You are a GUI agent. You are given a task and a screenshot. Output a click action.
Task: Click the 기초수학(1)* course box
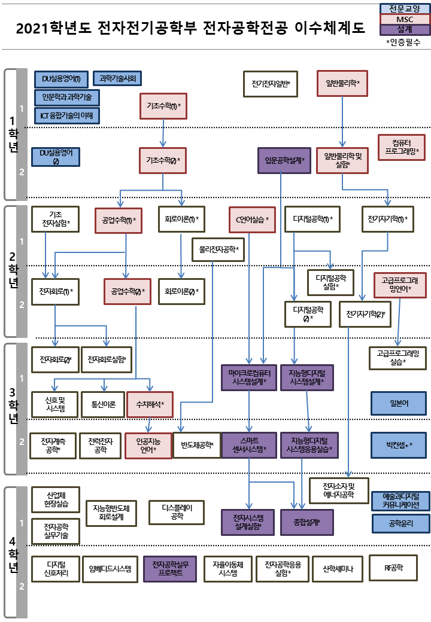(163, 106)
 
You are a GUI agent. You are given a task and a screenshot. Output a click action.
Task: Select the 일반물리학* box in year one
(342, 83)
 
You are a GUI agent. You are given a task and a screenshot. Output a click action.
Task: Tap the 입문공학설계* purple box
(284, 160)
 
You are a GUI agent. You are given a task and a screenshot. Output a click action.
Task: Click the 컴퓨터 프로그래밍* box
(401, 147)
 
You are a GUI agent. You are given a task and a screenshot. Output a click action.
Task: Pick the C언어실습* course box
(251, 219)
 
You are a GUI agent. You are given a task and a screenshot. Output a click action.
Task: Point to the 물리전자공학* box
(218, 249)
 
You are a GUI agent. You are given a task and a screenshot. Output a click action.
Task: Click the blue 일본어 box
(399, 403)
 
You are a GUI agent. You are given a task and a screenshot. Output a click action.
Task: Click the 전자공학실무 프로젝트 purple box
(170, 569)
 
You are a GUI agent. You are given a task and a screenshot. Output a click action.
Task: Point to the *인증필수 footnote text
(403, 42)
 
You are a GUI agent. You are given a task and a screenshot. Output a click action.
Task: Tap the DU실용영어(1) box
(61, 78)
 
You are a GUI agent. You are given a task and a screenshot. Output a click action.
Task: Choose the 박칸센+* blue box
(399, 444)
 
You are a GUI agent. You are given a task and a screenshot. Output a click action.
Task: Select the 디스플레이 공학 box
(176, 511)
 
